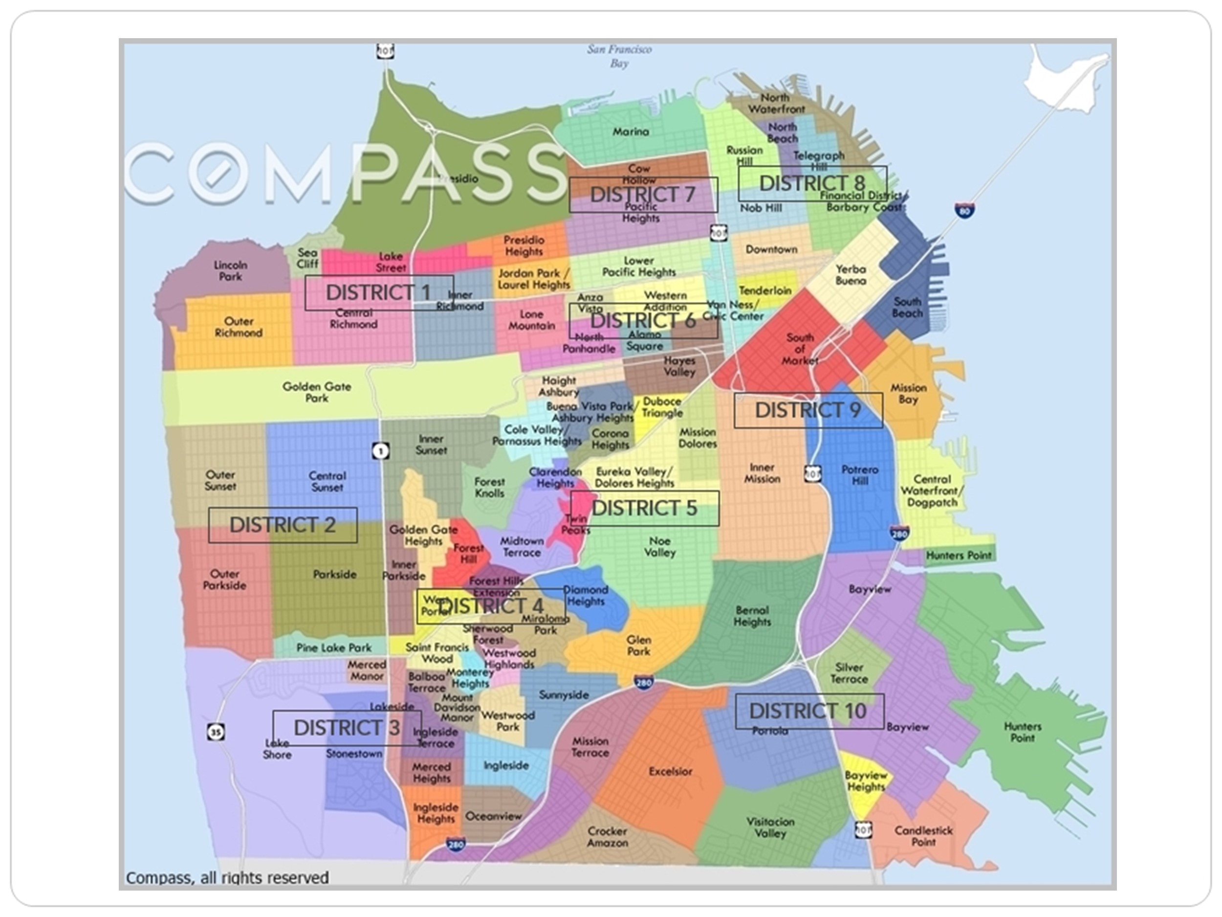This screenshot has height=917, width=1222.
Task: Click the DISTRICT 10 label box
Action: pos(809,711)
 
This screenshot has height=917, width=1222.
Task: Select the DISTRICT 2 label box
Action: pos(283,525)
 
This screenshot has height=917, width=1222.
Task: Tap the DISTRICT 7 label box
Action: pos(643,195)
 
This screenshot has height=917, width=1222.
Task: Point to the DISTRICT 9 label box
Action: pos(807,410)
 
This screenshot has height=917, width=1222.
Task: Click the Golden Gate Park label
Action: pos(317,392)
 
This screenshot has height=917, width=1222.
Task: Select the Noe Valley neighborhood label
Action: pos(659,546)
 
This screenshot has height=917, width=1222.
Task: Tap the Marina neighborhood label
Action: pos(631,132)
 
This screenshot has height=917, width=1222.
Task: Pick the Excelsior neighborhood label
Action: pos(670,771)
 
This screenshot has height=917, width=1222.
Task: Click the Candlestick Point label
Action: pos(923,836)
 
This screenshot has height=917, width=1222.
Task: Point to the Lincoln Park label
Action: pos(230,270)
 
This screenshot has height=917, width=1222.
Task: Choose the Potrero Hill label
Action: pos(860,475)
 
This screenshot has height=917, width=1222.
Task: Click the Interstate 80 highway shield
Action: pos(964,210)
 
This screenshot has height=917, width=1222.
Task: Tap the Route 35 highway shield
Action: pos(216,733)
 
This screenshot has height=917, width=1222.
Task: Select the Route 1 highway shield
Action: pos(380,451)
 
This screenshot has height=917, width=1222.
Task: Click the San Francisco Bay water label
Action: pos(619,56)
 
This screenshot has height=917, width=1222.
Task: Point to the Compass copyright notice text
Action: pos(227,877)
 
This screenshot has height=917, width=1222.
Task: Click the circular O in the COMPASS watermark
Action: pos(217,173)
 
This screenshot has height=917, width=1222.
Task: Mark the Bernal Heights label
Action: pos(752,616)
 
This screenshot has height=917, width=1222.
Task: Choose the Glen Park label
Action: pos(639,645)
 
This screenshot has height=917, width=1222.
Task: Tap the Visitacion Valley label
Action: pos(770,828)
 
